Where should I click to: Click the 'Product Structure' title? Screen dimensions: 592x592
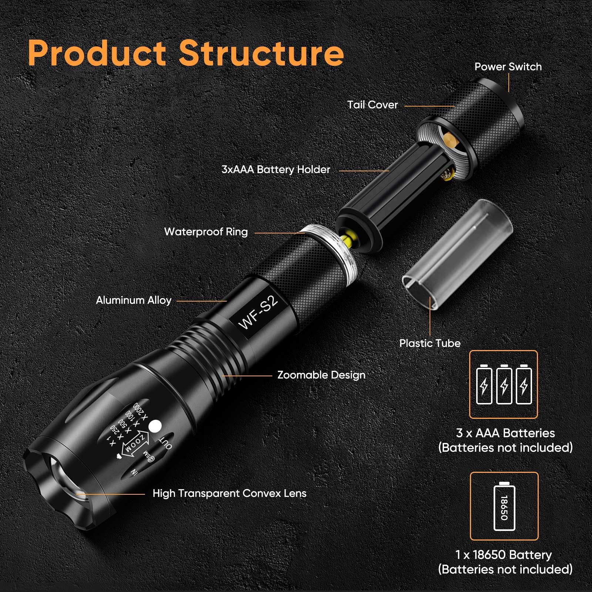pyautogui.click(x=186, y=53)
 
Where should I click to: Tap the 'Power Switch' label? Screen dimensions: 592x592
pyautogui.click(x=508, y=67)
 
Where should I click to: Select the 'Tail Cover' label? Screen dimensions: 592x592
pyautogui.click(x=372, y=105)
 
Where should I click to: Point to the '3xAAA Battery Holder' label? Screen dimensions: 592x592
pyautogui.click(x=276, y=170)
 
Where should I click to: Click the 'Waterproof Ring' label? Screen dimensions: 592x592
pyautogui.click(x=206, y=232)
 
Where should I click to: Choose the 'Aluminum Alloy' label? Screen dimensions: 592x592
pyautogui.click(x=134, y=300)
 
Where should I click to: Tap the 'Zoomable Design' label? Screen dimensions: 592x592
pyautogui.click(x=321, y=375)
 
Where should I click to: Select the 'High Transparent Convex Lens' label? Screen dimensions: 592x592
pyautogui.click(x=229, y=494)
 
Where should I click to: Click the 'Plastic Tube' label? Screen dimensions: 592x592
pyautogui.click(x=430, y=343)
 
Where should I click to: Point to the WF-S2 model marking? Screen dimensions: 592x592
pyautogui.click(x=258, y=313)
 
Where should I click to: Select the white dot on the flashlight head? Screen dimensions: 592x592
pyautogui.click(x=155, y=426)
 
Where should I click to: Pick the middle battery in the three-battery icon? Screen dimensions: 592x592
pyautogui.click(x=504, y=384)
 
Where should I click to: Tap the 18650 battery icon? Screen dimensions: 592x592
pyautogui.click(x=504, y=506)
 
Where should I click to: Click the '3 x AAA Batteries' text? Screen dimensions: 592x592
pyautogui.click(x=505, y=433)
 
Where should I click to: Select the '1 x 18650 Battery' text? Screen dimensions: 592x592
pyautogui.click(x=504, y=555)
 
